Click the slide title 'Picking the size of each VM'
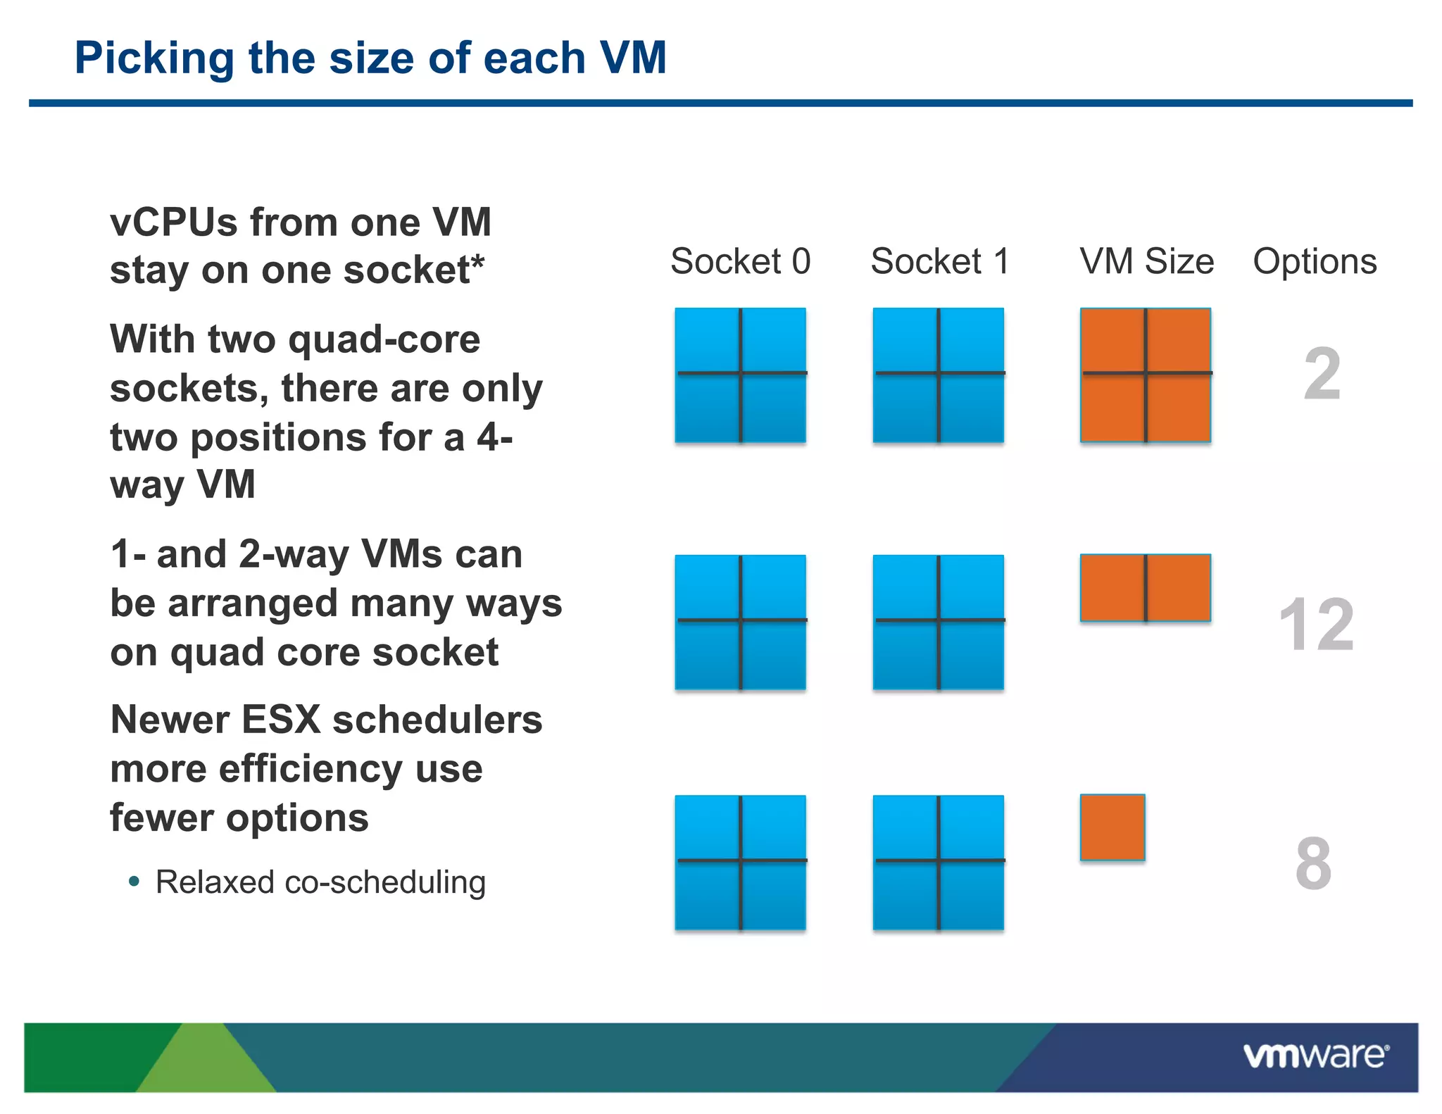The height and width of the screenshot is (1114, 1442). (370, 58)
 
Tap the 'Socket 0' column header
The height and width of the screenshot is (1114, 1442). (740, 261)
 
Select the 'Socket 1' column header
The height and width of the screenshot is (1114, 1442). (940, 261)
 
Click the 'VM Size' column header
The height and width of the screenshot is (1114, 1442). (1146, 261)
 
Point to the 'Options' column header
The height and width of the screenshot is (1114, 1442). (1314, 261)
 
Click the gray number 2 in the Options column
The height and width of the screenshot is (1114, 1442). (1322, 374)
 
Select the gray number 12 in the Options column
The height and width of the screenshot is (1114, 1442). (1316, 624)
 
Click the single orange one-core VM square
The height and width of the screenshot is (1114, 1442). (1112, 827)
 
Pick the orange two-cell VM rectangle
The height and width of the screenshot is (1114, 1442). (1146, 588)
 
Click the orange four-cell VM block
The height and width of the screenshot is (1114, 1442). (1146, 375)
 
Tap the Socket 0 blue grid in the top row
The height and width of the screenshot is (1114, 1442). (740, 375)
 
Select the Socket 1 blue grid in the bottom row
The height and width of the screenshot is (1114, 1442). (939, 863)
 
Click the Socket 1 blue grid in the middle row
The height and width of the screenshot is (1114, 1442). (939, 622)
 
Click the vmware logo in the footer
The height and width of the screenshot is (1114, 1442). (1315, 1056)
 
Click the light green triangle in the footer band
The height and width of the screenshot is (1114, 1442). (206, 1063)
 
